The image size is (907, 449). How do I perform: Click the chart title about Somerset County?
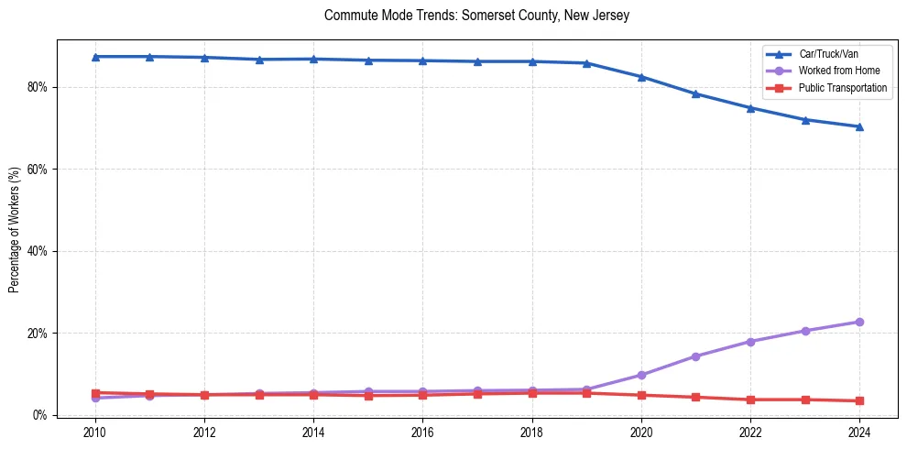476,16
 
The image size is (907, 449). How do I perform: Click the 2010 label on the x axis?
95,432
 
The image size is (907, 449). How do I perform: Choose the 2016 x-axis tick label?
422,432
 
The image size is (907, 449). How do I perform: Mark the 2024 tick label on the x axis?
859,432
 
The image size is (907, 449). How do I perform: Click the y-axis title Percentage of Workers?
15,229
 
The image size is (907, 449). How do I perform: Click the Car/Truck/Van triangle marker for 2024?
859,126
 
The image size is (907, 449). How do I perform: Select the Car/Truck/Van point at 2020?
641,77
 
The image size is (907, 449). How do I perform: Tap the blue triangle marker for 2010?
95,57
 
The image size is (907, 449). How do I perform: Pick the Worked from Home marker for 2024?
859,322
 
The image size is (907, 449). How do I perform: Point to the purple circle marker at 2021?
695,356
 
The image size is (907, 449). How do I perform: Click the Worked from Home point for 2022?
750,342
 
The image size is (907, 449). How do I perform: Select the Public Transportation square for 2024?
859,400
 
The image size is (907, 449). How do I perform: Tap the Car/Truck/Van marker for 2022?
750,108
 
